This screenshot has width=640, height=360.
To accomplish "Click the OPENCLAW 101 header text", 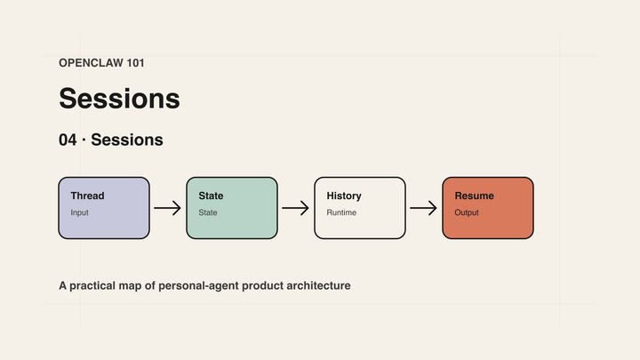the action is coord(101,63).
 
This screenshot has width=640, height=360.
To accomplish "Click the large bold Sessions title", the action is coord(119,99).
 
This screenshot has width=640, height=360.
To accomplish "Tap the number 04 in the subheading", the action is coord(68,140).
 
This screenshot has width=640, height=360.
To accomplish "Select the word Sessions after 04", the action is coord(127,140).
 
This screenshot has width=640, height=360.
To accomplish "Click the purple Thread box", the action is coord(104,208).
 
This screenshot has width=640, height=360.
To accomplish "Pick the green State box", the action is coord(232,208).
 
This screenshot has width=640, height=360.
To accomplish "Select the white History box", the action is coord(360,208).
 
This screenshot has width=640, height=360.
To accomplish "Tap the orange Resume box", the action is coord(488,208).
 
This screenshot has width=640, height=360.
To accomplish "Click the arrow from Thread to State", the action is coord(167,208).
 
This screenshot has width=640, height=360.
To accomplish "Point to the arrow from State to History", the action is coord(295,208).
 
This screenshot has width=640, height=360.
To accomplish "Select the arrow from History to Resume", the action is coord(423,208).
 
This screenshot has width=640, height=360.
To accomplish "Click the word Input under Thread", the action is coord(80,212).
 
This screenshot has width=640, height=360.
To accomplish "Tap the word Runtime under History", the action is coord(341,212).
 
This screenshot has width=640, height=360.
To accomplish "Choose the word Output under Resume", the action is coord(467,212).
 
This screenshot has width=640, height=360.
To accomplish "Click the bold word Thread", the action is coord(87,196).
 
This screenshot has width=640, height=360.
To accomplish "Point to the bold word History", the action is coord(344,196).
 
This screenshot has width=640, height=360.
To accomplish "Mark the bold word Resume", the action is coord(475,196).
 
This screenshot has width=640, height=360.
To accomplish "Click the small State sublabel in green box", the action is coord(208,212).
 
